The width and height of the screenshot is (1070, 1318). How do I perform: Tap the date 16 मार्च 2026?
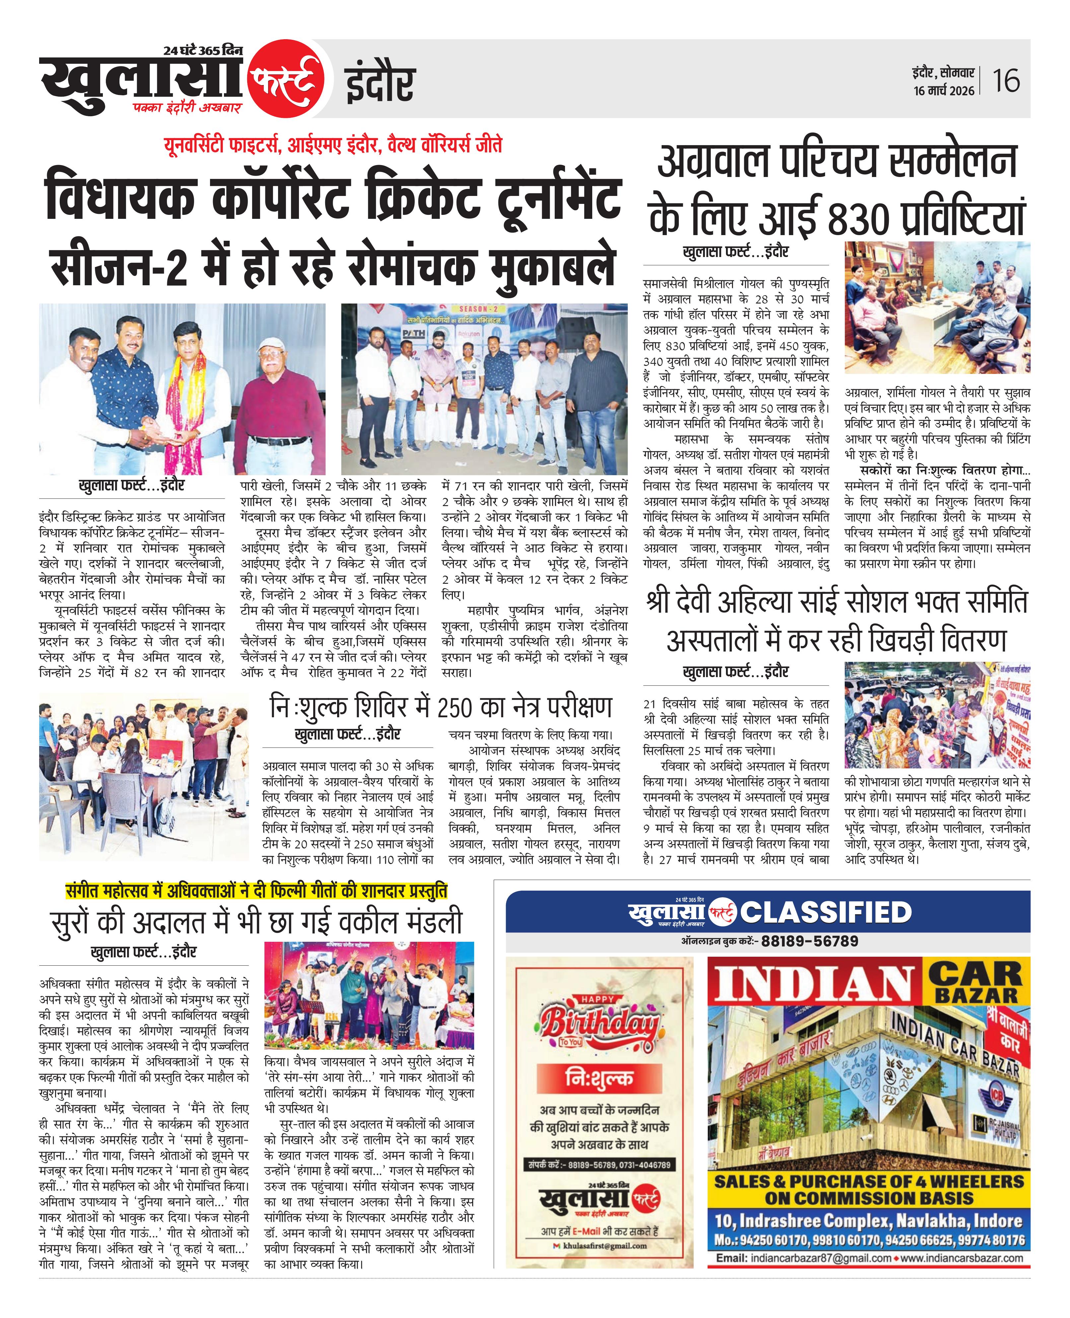coord(944,91)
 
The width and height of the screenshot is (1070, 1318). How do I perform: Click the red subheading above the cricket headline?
coord(333,145)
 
